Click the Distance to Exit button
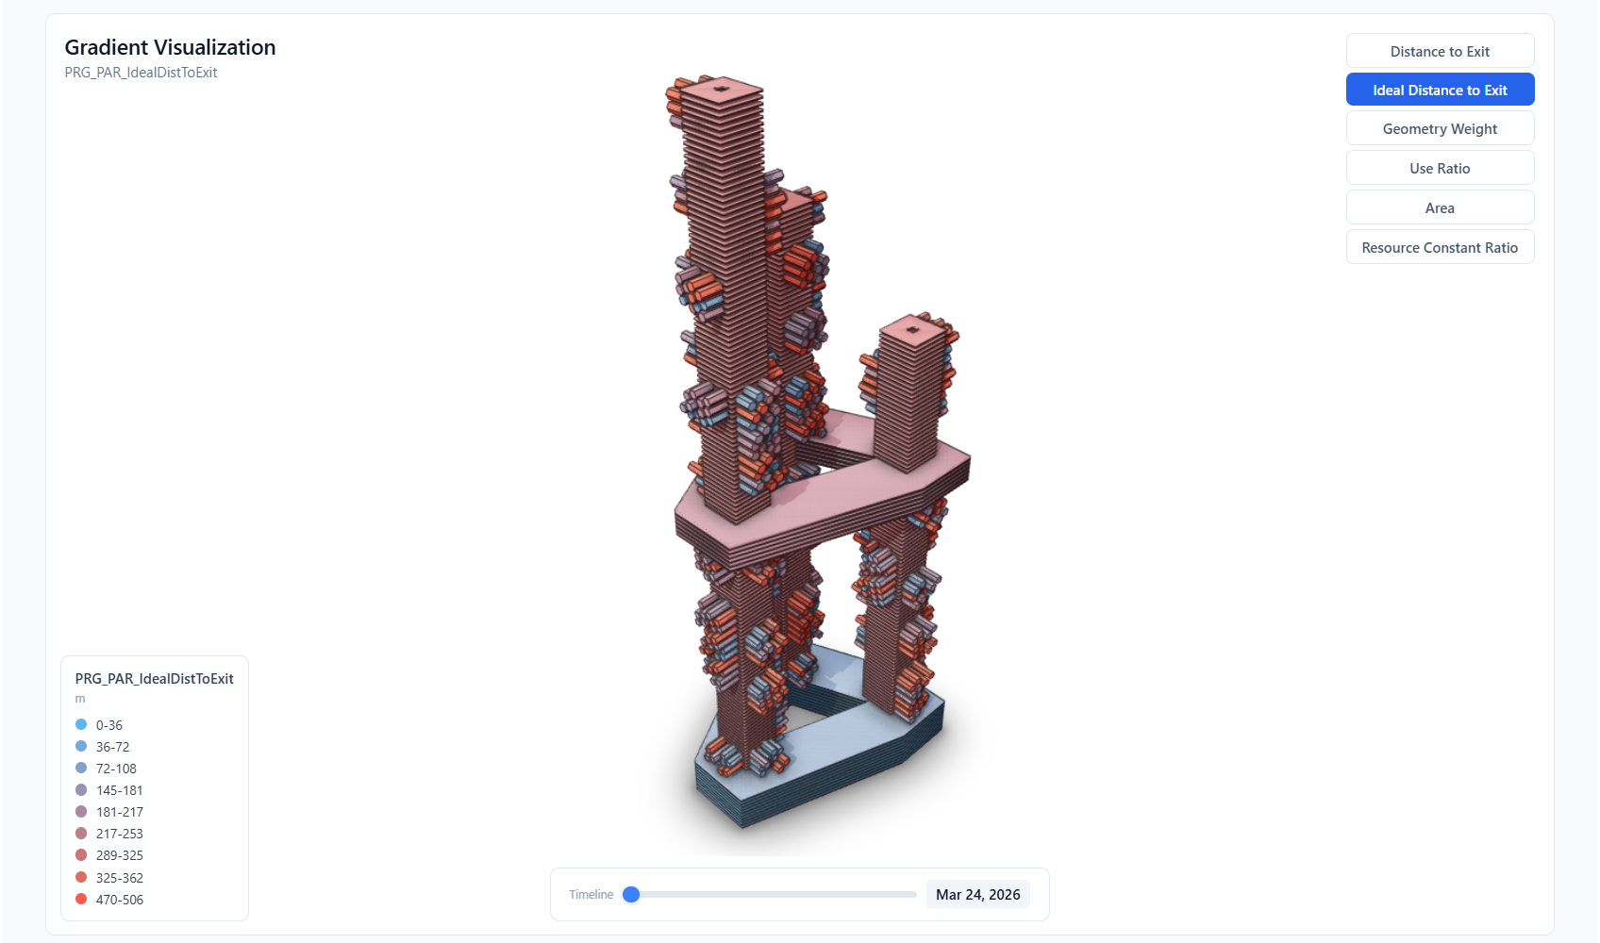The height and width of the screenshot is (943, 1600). pos(1440,51)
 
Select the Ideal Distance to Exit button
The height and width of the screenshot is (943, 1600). pos(1440,90)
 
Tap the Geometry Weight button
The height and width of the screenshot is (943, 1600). pos(1440,128)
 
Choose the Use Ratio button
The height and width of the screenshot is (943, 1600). pos(1440,168)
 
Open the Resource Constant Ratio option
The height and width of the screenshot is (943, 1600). pos(1440,247)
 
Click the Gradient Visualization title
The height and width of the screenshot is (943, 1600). pos(170,47)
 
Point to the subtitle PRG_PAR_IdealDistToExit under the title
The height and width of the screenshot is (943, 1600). pos(141,72)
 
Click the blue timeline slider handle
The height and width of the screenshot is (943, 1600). pos(631,894)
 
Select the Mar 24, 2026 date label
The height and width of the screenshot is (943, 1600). pos(978,895)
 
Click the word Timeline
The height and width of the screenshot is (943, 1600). pos(591,895)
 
